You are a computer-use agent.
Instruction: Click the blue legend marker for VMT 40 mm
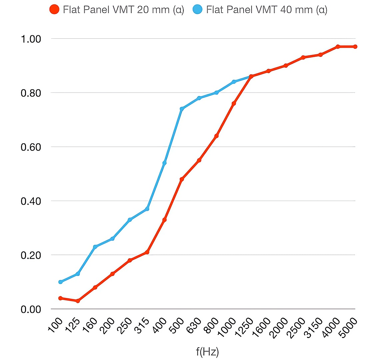(x=198, y=9)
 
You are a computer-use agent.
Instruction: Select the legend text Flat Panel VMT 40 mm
(x=266, y=10)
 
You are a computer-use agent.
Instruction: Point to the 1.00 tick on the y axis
(x=31, y=39)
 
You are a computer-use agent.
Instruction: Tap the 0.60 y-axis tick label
(x=31, y=147)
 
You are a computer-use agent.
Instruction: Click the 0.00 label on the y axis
(x=31, y=309)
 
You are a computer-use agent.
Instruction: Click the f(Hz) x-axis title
(x=207, y=352)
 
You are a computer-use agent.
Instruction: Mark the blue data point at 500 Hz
(x=182, y=109)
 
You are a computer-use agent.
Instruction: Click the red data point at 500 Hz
(x=182, y=179)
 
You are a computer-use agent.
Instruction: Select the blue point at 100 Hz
(x=60, y=282)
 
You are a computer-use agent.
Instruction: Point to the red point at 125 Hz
(x=78, y=301)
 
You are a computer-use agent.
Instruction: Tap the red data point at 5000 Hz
(x=355, y=47)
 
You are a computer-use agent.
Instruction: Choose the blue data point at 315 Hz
(x=147, y=209)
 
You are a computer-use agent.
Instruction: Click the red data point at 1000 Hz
(x=234, y=103)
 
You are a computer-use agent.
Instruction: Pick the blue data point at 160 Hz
(x=95, y=247)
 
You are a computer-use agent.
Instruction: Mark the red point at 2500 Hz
(x=303, y=58)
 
